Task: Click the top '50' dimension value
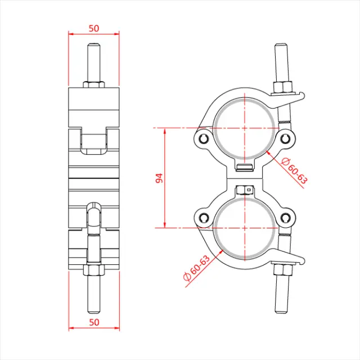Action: tap(94, 27)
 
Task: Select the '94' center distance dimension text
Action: tap(159, 178)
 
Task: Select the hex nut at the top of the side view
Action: tap(94, 84)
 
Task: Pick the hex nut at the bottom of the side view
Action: tap(94, 271)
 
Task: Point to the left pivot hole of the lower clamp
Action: tap(204, 218)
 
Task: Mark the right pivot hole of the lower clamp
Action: tap(287, 218)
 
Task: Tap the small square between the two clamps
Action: tap(247, 190)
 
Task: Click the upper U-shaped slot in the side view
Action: tap(94, 141)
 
